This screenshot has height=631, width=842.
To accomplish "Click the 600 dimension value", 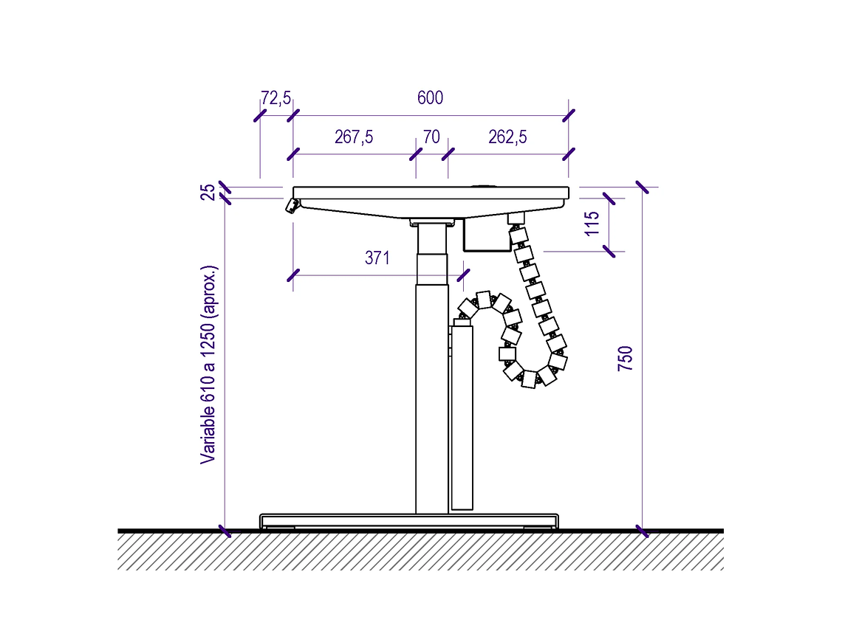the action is pyautogui.click(x=430, y=97).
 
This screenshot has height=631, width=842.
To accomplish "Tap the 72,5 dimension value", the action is pyautogui.click(x=276, y=97).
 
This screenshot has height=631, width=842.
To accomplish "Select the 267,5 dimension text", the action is pyautogui.click(x=354, y=137).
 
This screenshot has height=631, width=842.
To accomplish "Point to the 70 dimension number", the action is pyautogui.click(x=432, y=137).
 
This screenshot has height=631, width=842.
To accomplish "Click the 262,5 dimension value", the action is pyautogui.click(x=507, y=137).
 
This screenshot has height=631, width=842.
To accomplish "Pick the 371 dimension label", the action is pyautogui.click(x=377, y=258).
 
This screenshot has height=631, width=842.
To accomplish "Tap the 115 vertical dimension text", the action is pyautogui.click(x=591, y=223).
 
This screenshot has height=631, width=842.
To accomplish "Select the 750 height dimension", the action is pyautogui.click(x=625, y=359).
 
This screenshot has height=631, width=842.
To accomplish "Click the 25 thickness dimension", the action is pyautogui.click(x=208, y=192).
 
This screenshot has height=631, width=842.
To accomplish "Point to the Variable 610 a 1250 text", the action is pyautogui.click(x=208, y=365).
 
